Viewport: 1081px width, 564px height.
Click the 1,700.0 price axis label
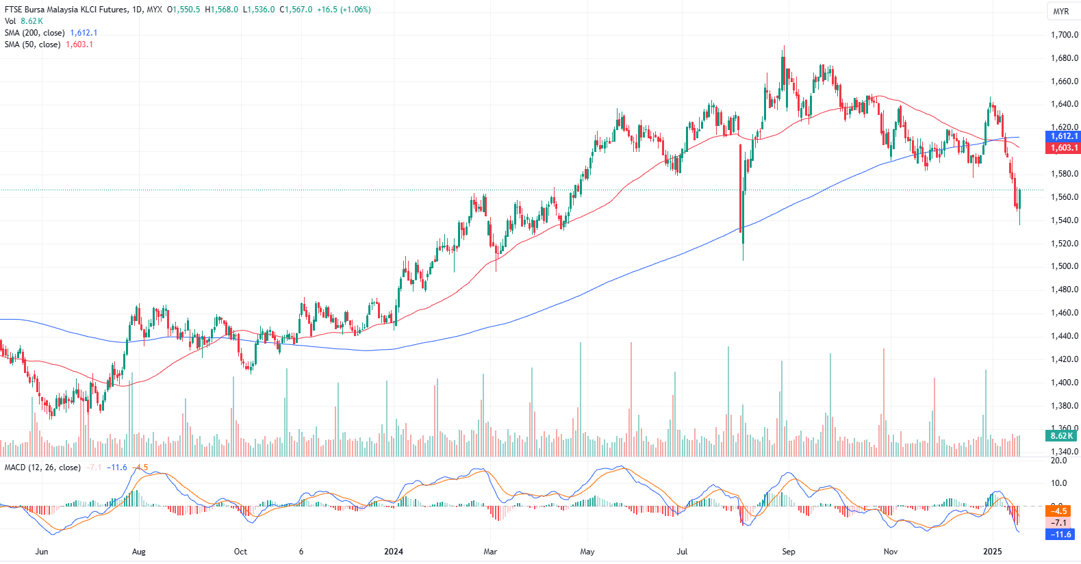coord(1065,35)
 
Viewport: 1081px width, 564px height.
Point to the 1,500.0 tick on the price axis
coord(1065,266)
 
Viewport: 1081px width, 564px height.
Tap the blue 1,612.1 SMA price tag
coord(1064,136)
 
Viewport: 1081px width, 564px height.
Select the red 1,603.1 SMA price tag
coord(1064,148)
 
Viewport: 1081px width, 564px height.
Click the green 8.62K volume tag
coord(1061,436)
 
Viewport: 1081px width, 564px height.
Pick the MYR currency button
coord(1061,12)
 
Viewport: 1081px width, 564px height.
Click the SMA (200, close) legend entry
coord(35,33)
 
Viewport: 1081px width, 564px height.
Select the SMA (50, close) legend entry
coord(32,44)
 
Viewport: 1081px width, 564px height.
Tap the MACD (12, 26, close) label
coord(42,467)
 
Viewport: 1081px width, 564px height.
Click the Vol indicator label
coord(10,21)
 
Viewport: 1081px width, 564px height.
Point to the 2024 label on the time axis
coord(394,552)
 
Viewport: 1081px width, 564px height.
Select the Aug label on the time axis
coord(139,552)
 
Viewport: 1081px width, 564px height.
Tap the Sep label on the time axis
coord(789,552)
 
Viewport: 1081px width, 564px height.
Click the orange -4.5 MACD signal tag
coord(1059,511)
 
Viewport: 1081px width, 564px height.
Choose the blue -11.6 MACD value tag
coord(1059,535)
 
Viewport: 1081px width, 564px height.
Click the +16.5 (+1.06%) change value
coord(344,10)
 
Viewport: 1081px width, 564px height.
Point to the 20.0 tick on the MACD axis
coord(1058,461)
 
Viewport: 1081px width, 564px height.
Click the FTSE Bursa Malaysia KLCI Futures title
coord(66,10)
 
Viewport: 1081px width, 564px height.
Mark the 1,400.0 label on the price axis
coord(1065,383)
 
